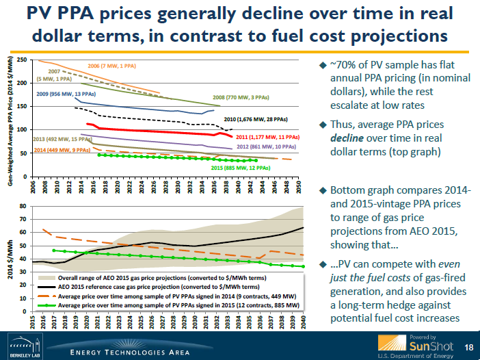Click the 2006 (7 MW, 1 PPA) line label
coord(116,66)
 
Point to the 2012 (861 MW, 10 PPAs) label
coord(266,146)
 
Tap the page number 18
coord(468,348)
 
